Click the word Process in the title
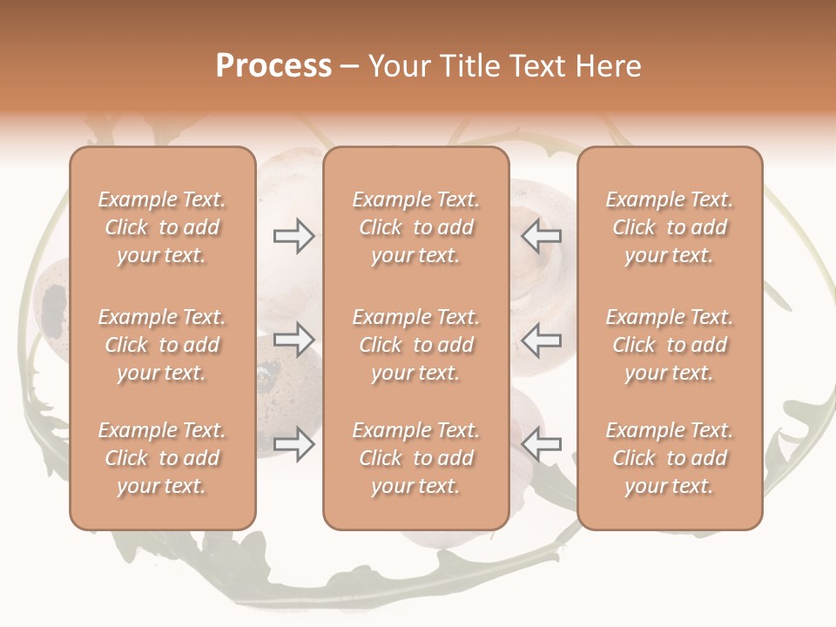click(x=273, y=66)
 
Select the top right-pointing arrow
click(x=293, y=236)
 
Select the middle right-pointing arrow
click(x=293, y=340)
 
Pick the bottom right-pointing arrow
click(x=293, y=444)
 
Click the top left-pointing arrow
click(x=542, y=236)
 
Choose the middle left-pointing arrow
click(x=542, y=340)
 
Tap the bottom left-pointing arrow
click(x=542, y=444)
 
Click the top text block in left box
click(x=162, y=227)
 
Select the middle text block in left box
click(x=162, y=345)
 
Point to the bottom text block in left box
click(x=162, y=458)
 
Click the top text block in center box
click(x=415, y=227)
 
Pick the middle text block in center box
click(x=415, y=345)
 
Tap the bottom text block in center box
click(x=415, y=458)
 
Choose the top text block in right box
click(x=669, y=227)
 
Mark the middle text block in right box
click(x=669, y=345)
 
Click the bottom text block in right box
click(x=669, y=458)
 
